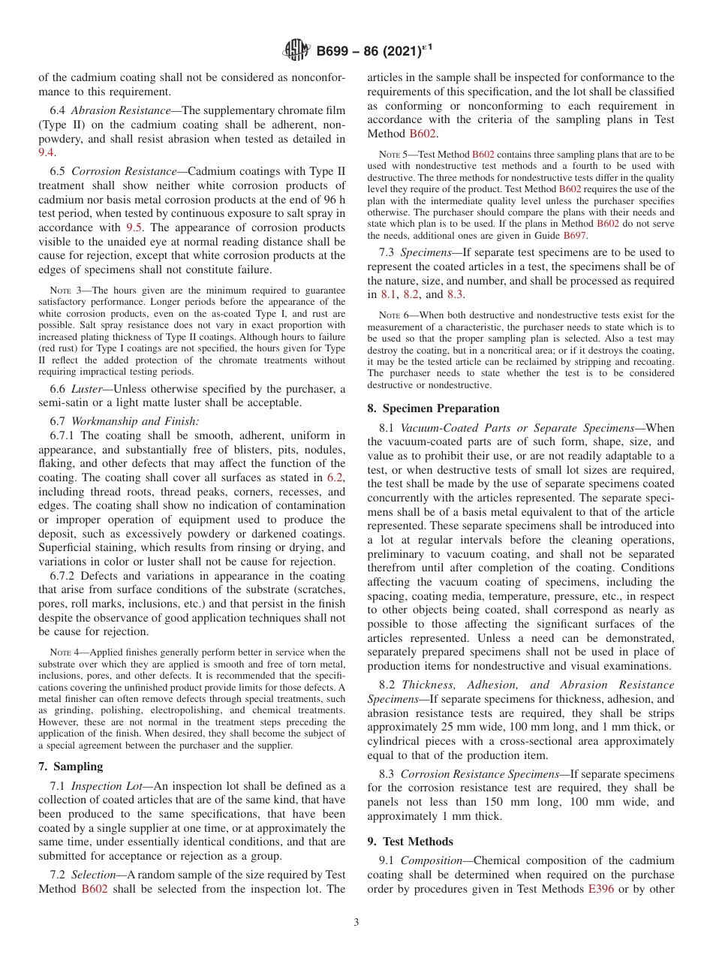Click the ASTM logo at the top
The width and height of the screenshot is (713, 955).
click(296, 51)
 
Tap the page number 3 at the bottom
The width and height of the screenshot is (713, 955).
click(356, 923)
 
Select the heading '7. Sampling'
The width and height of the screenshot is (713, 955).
click(71, 767)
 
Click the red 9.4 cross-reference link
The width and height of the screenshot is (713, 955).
click(47, 152)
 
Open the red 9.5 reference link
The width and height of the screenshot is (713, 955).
click(134, 227)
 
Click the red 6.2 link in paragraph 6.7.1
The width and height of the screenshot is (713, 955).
click(336, 477)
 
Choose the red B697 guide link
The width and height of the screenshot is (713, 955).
click(575, 235)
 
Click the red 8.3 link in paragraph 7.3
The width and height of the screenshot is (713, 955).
click(456, 295)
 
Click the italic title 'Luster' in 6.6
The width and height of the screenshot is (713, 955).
click(88, 388)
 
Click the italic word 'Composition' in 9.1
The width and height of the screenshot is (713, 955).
click(434, 860)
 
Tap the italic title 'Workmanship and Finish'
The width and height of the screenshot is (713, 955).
click(134, 421)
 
